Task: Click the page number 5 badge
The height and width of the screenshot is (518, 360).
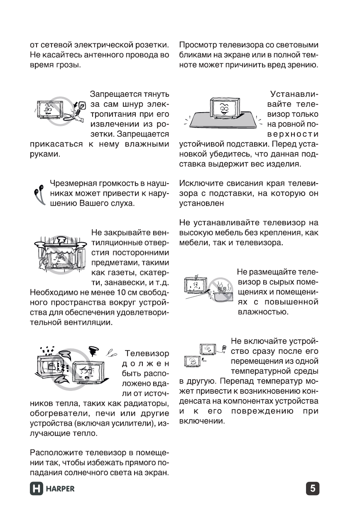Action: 313,489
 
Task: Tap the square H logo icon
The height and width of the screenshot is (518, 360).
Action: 37,489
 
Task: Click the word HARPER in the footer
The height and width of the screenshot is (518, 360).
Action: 60,489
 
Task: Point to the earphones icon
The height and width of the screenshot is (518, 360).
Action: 39,194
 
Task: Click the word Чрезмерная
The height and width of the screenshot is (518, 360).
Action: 72,184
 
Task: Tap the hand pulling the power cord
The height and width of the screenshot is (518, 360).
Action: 79,110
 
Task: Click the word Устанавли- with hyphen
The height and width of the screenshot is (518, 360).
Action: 294,94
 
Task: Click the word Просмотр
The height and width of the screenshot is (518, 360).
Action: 198,45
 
